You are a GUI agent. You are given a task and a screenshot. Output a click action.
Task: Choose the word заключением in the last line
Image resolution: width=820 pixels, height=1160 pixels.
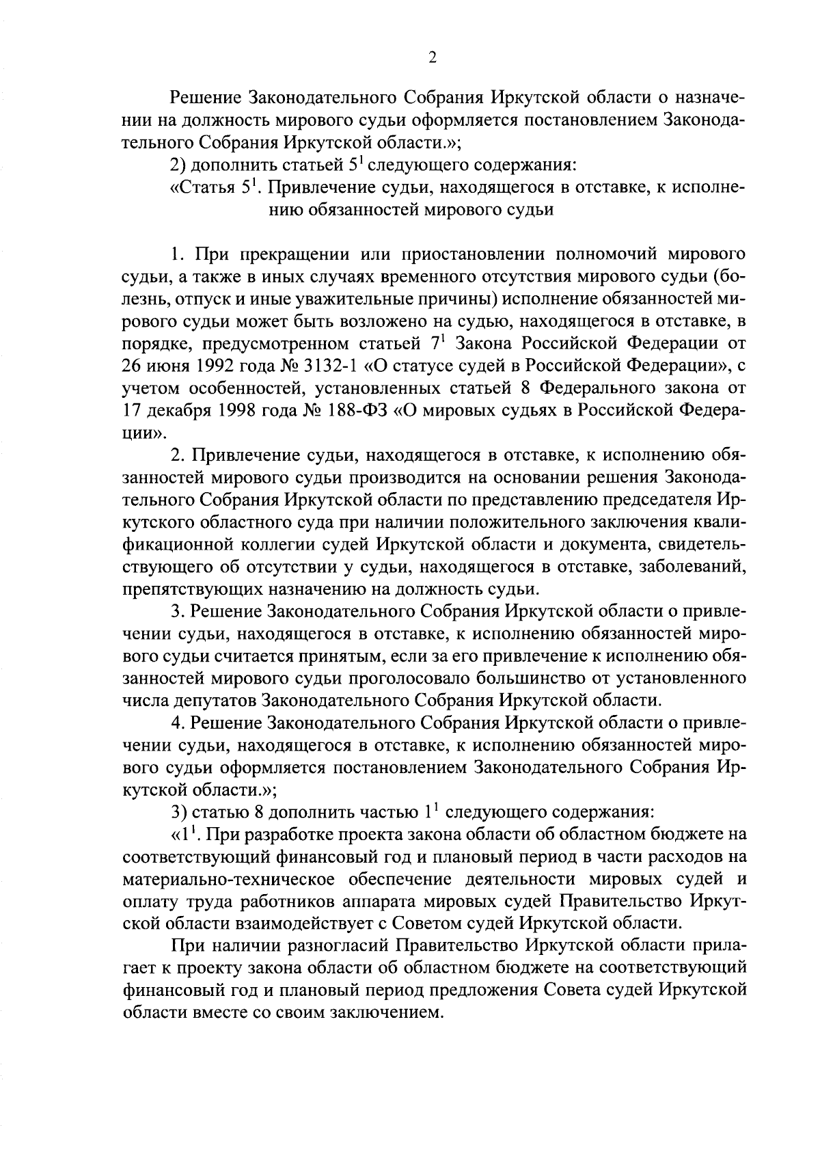[383, 1012]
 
